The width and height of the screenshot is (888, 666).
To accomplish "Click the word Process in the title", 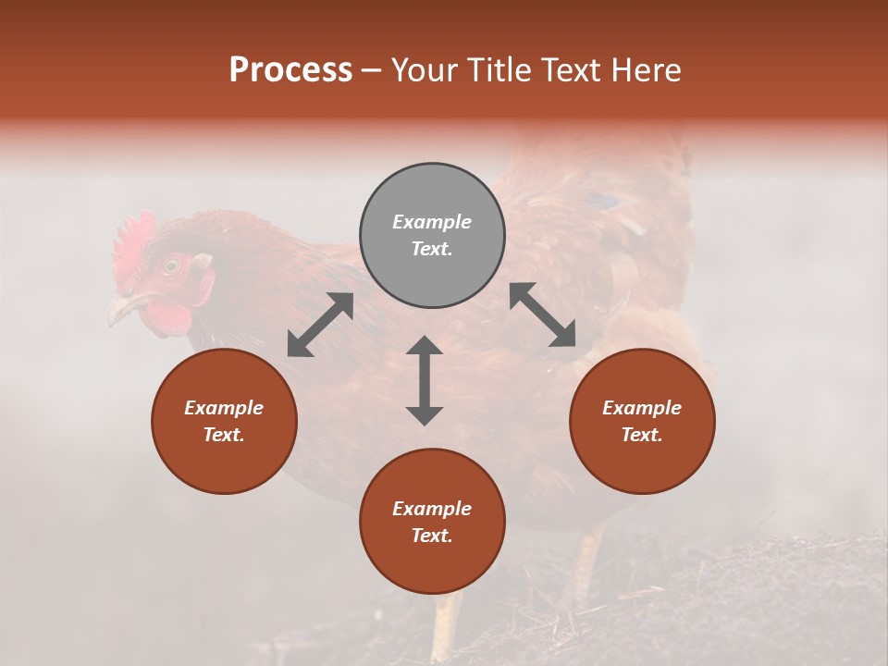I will click(290, 70).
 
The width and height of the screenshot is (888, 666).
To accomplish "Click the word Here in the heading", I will click(645, 70).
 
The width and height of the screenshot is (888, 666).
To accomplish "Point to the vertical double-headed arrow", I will click(425, 380).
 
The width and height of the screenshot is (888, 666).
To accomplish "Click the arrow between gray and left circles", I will click(320, 325).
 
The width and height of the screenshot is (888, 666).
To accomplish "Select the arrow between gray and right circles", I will click(543, 314).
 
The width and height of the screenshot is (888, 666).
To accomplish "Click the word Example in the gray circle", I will click(432, 222).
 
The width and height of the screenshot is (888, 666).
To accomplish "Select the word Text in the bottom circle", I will click(432, 536).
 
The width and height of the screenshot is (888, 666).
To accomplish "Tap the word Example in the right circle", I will click(642, 408).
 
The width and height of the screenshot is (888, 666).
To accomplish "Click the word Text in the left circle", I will click(224, 435).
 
